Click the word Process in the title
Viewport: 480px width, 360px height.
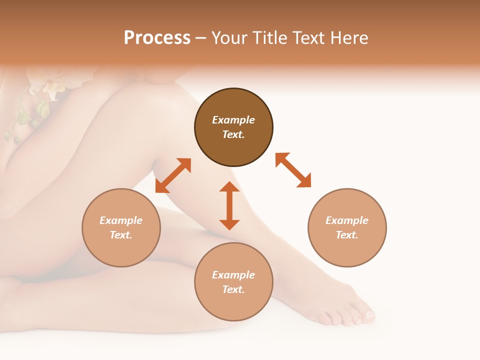[x=157, y=38]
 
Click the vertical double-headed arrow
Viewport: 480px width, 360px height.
[x=229, y=205]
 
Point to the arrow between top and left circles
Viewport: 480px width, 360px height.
[x=173, y=175]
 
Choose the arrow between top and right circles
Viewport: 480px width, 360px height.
[x=293, y=170]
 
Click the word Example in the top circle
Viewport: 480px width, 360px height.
[x=233, y=120]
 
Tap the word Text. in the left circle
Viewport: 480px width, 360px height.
[x=121, y=235]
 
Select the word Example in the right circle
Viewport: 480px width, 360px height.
[x=347, y=220]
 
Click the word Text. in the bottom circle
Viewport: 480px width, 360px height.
[x=233, y=289]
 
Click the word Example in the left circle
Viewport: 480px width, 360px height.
[x=121, y=220]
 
